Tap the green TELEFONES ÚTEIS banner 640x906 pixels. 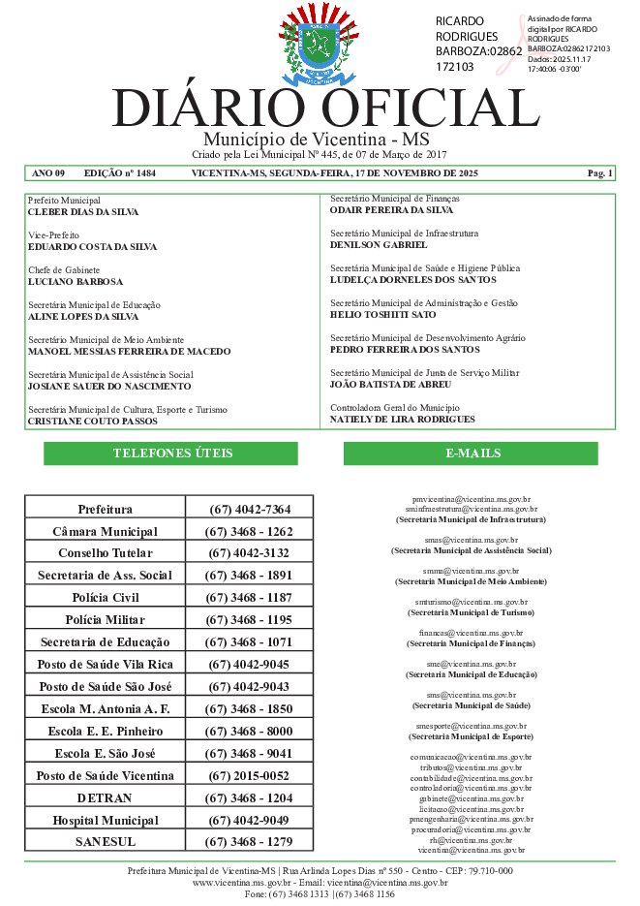(x=172, y=453)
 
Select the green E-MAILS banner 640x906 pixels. (x=472, y=453)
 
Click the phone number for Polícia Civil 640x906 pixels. (x=249, y=597)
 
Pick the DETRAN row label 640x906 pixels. (x=105, y=797)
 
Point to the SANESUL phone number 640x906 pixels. (x=249, y=842)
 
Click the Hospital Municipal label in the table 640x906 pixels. (x=105, y=821)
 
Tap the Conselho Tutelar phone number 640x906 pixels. (x=249, y=553)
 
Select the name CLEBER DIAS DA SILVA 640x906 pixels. (x=83, y=211)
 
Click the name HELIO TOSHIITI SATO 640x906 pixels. (x=383, y=315)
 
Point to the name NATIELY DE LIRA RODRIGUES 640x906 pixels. (x=403, y=420)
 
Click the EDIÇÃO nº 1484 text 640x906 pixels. (x=120, y=173)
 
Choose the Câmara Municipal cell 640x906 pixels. (x=105, y=532)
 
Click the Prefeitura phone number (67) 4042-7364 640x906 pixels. (x=249, y=510)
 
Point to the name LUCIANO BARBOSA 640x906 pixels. (x=76, y=282)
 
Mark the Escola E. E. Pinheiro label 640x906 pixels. (x=105, y=732)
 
